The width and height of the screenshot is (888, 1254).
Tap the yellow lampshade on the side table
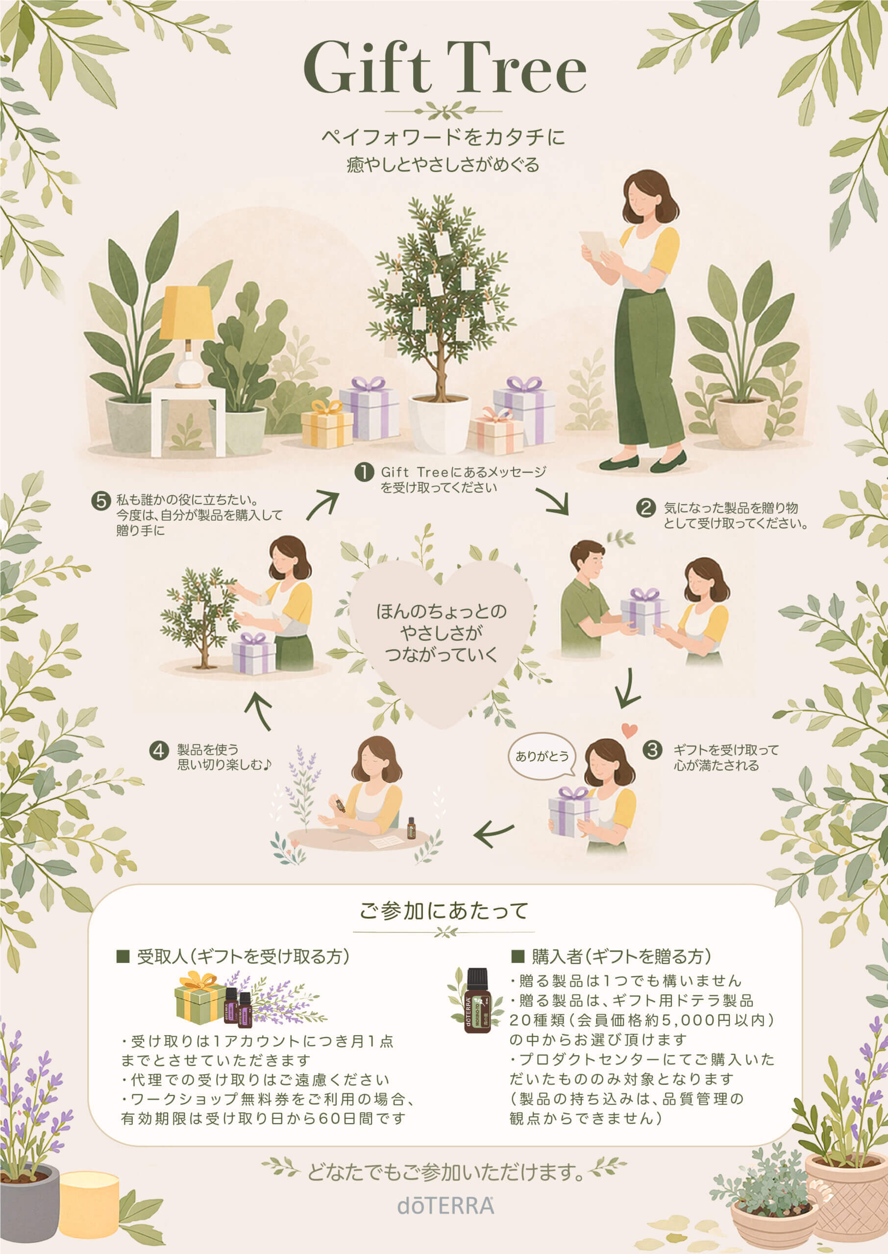pos(188,313)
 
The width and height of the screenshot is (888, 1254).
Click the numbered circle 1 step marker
pos(364,472)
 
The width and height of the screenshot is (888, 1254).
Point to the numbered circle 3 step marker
pos(652,749)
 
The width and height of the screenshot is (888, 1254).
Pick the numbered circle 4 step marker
pos(159,751)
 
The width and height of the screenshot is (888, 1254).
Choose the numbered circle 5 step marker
pos(101,501)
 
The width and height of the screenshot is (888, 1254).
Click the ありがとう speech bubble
pos(543,756)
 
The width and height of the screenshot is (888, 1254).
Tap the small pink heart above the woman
pos(629,730)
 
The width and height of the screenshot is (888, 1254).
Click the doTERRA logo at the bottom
pos(445,1206)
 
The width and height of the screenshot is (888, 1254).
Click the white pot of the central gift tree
pos(439,423)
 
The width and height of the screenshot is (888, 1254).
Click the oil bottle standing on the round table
pos(411,828)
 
